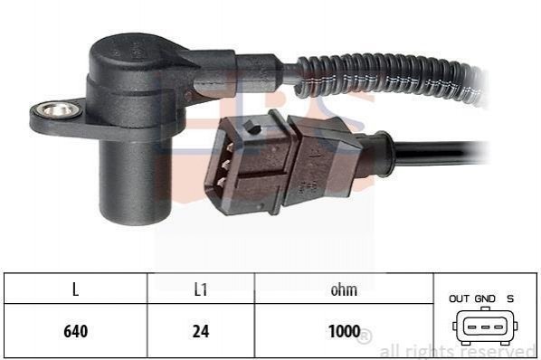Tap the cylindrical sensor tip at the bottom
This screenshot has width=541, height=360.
click(136, 183)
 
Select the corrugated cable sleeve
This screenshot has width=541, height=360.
click(390, 78)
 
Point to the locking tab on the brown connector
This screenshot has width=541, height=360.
click(252, 127)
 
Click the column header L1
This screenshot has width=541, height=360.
click(201, 289)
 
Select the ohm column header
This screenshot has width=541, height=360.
click(344, 289)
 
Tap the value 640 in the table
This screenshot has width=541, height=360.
click(76, 331)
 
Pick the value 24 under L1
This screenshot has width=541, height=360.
click(201, 331)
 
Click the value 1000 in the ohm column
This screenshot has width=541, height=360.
click(345, 331)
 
